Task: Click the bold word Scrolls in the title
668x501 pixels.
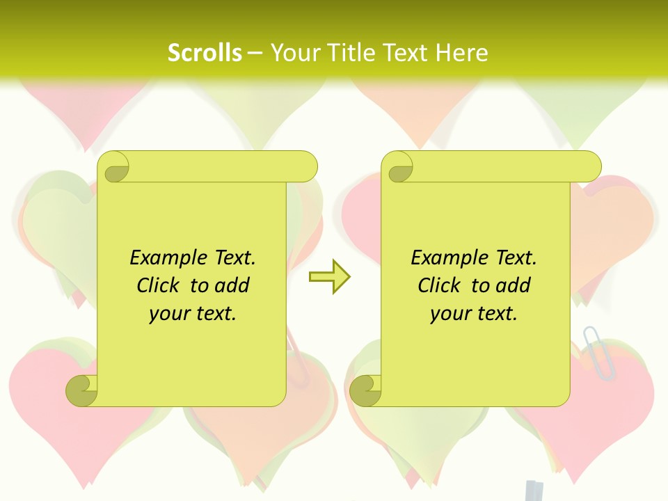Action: pos(205,53)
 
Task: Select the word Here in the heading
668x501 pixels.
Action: pos(462,53)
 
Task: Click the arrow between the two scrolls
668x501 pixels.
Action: pos(329,277)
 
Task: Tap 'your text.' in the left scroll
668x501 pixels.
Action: pos(193,314)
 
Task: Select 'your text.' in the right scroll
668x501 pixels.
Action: pos(474,314)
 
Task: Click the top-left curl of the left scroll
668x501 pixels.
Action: pos(116,168)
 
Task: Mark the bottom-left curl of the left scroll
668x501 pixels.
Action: pos(82,390)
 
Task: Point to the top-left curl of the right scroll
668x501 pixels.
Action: pos(399,168)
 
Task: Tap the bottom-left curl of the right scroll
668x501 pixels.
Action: pos(365,390)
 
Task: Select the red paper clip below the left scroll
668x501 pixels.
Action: pos(298,358)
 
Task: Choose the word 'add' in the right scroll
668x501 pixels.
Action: pos(515,285)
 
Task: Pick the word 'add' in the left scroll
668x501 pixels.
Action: pos(234,285)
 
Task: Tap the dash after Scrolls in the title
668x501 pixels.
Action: pos(255,53)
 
